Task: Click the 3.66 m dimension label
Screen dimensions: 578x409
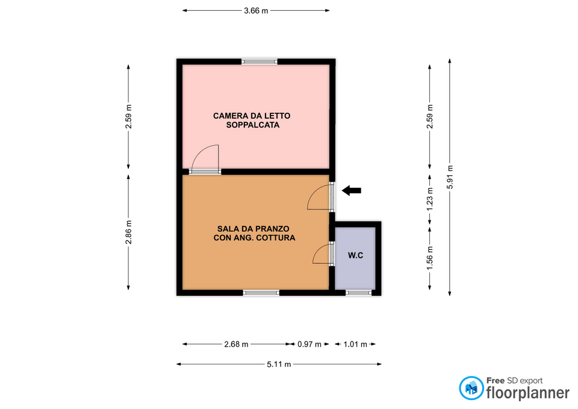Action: click(256, 11)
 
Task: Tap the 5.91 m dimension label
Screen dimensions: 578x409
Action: click(450, 177)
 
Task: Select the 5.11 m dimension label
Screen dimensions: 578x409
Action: click(279, 364)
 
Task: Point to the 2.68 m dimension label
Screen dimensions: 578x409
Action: click(236, 344)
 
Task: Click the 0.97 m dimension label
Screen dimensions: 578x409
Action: click(309, 344)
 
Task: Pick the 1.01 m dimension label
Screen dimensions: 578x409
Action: click(355, 344)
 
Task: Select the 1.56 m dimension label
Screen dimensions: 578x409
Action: click(430, 257)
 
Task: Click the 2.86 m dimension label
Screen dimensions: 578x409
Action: click(128, 233)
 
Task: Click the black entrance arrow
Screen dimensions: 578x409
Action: click(351, 191)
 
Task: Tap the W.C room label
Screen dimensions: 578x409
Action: click(356, 255)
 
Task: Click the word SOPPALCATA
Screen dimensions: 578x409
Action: click(253, 125)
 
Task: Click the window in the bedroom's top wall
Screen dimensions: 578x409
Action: click(259, 61)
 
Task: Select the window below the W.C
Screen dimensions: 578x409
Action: click(359, 293)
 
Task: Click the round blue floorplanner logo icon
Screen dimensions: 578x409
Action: click(471, 388)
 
